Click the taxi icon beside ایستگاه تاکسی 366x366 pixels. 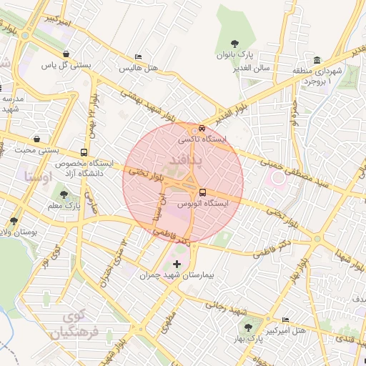pos(202,129)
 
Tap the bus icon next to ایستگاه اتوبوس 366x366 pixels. pos(202,192)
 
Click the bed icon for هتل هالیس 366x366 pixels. pos(138,57)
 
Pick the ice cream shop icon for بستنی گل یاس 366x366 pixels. pos(66,54)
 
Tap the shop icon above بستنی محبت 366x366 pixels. pos(36,139)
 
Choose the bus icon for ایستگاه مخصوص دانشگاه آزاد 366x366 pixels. pos(85,152)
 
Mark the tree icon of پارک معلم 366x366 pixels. pos(64,194)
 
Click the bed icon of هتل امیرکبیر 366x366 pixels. pos(286,320)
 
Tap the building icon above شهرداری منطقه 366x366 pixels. pos(317,61)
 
